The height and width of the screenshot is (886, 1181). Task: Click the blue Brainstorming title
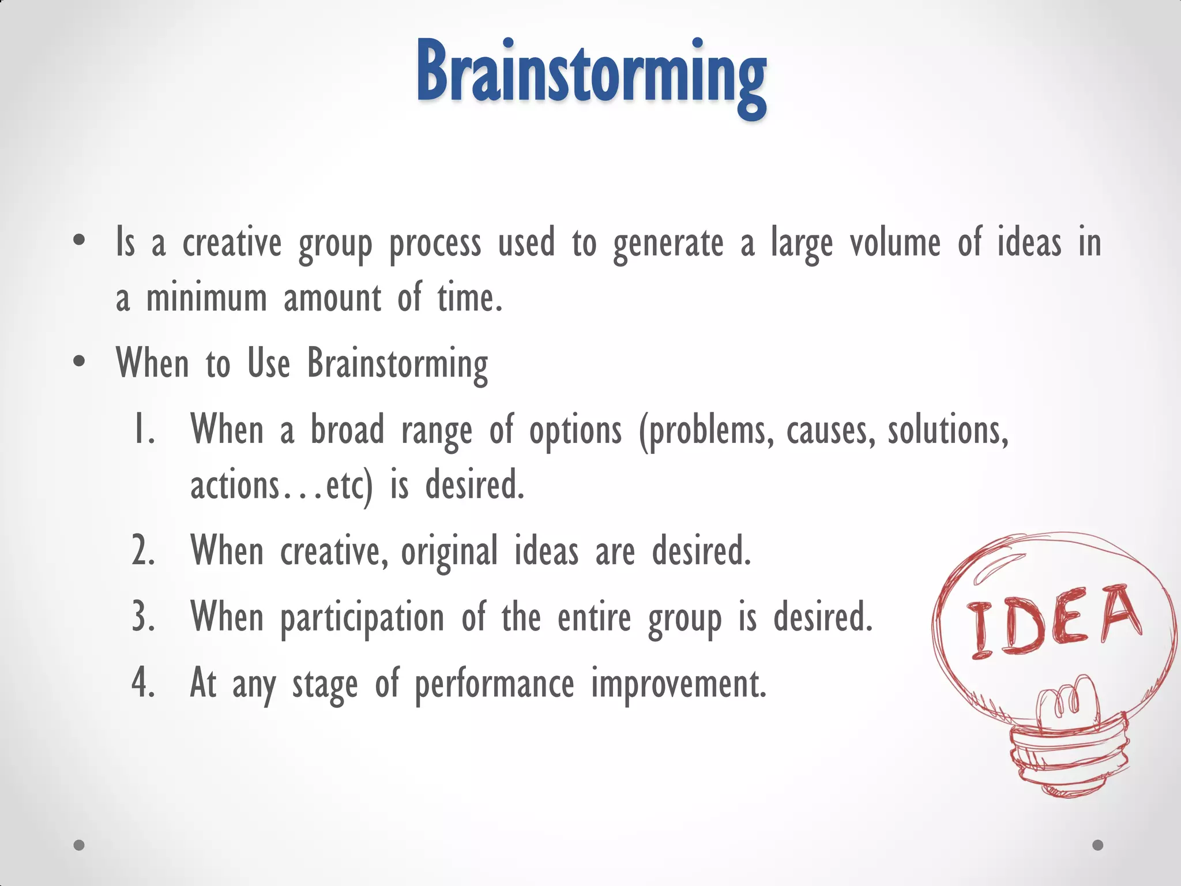(591, 75)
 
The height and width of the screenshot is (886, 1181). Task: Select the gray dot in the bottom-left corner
(79, 845)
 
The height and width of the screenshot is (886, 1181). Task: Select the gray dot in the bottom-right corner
(1098, 845)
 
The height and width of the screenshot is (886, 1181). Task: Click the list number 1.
(144, 430)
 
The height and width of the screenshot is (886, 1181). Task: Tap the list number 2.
(144, 551)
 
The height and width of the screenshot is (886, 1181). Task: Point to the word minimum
(206, 299)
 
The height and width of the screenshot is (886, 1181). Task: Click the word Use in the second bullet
(269, 363)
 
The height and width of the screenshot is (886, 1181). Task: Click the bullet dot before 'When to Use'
(80, 362)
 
